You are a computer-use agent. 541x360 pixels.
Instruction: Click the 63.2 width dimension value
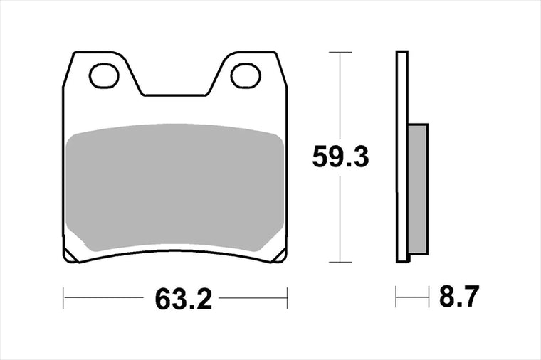click(183, 299)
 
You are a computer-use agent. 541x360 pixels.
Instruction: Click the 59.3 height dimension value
click(340, 157)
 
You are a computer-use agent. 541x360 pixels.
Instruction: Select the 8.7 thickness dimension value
click(459, 296)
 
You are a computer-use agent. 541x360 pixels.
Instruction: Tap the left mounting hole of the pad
click(104, 75)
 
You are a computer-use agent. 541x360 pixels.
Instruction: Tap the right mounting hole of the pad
click(246, 75)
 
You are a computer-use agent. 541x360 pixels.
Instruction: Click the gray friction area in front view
click(175, 187)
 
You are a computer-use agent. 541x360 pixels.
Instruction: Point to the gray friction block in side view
click(418, 189)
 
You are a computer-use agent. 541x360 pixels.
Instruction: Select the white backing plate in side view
click(402, 157)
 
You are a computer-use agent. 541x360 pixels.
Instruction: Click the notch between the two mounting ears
click(174, 94)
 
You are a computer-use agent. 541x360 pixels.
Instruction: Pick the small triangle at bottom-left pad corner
click(70, 256)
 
